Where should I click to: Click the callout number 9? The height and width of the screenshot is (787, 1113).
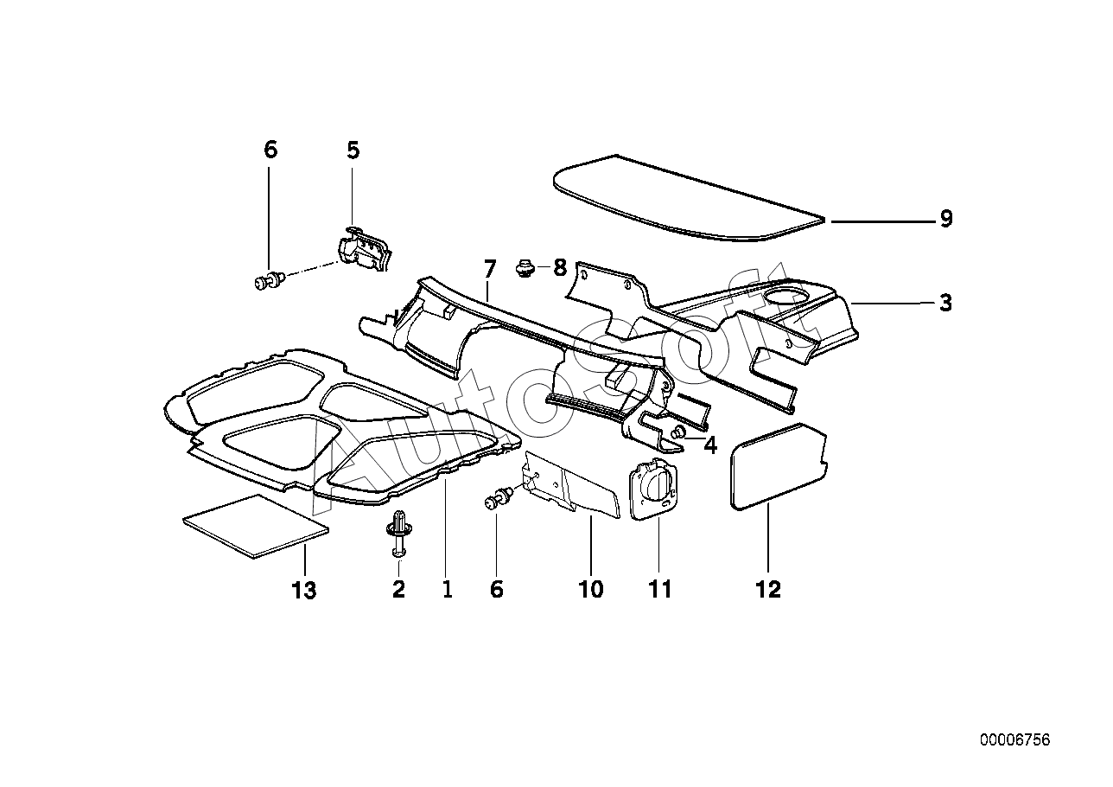coord(945,219)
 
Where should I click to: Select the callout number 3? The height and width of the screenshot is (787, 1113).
coord(945,303)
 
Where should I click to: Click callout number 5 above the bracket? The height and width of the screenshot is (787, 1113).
coord(353,150)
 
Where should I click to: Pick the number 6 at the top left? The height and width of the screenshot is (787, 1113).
coord(270,150)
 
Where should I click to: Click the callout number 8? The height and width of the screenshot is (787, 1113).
coord(559,267)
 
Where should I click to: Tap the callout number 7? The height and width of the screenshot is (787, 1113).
coord(489,267)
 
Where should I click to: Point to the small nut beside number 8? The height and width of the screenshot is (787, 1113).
coord(523,267)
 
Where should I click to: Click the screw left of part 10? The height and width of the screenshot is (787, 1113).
coord(499,499)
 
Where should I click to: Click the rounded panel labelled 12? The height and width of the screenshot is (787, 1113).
coord(778,463)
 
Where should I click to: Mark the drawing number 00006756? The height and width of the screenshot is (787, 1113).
coord(1014,740)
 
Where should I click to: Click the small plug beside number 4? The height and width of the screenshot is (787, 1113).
coord(680,432)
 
